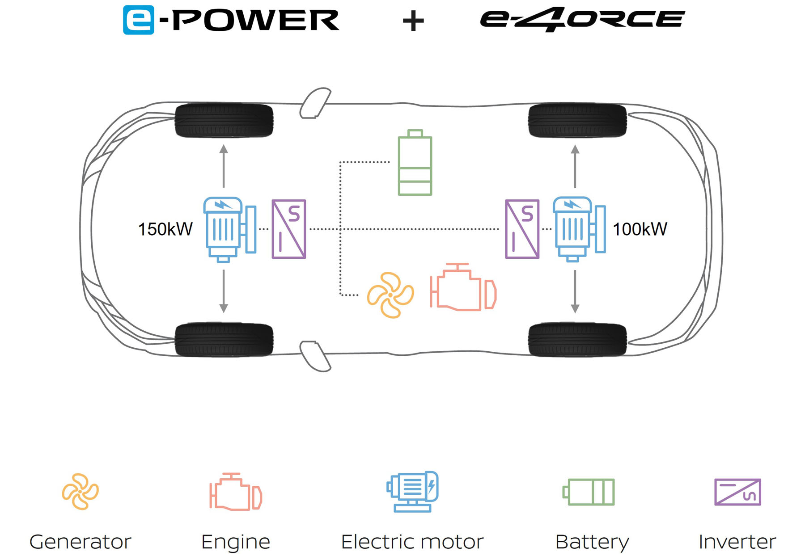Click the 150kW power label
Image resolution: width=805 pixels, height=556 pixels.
coord(165,229)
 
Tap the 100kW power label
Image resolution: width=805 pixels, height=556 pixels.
coord(640,229)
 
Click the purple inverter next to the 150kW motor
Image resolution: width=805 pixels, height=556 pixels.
coord(289,229)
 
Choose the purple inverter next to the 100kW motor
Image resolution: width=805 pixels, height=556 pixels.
coord(522,229)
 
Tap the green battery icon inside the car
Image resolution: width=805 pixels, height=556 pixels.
coord(415,163)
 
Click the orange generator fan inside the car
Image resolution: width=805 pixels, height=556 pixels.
coord(390,295)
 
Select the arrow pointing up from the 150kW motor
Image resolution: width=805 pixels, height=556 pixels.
coord(224,165)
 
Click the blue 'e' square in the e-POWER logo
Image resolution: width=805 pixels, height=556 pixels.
coord(139,20)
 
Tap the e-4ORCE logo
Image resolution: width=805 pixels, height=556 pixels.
coord(582,19)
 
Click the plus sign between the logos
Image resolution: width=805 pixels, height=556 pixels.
coord(413,21)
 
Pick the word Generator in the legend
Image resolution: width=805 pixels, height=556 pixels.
coord(80,542)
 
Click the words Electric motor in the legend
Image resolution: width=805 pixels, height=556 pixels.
coord(412,542)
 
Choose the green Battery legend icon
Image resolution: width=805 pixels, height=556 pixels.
coord(589,492)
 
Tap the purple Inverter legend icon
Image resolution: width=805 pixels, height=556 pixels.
coord(737,492)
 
